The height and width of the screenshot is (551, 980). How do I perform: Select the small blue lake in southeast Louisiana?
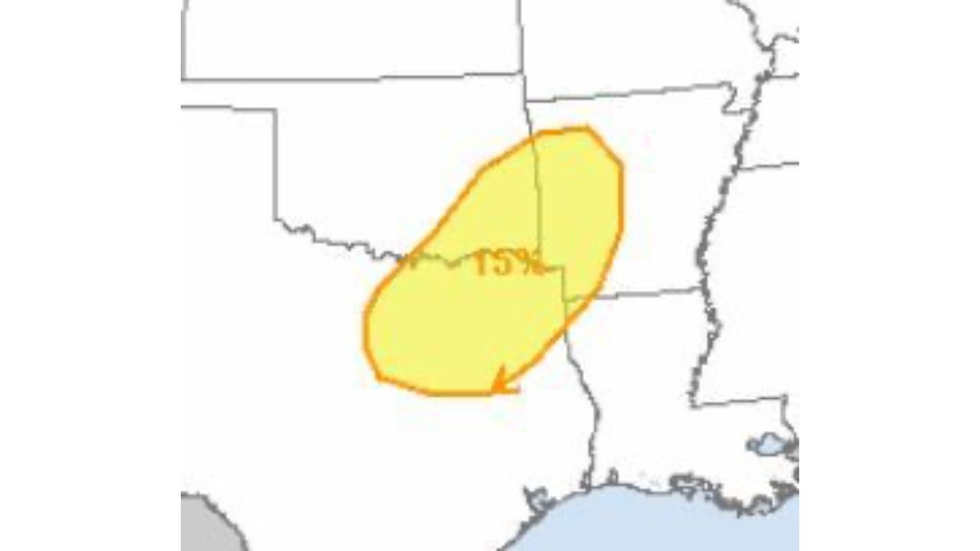pyautogui.click(x=766, y=443)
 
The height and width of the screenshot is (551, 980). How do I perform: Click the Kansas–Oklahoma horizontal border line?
pyautogui.click(x=352, y=77)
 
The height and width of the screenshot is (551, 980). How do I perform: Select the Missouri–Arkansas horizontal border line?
pyautogui.click(x=628, y=93)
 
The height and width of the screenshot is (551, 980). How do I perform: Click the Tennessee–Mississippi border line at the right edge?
pyautogui.click(x=769, y=165)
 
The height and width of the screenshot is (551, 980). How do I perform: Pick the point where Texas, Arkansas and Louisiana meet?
pyautogui.click(x=565, y=298)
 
